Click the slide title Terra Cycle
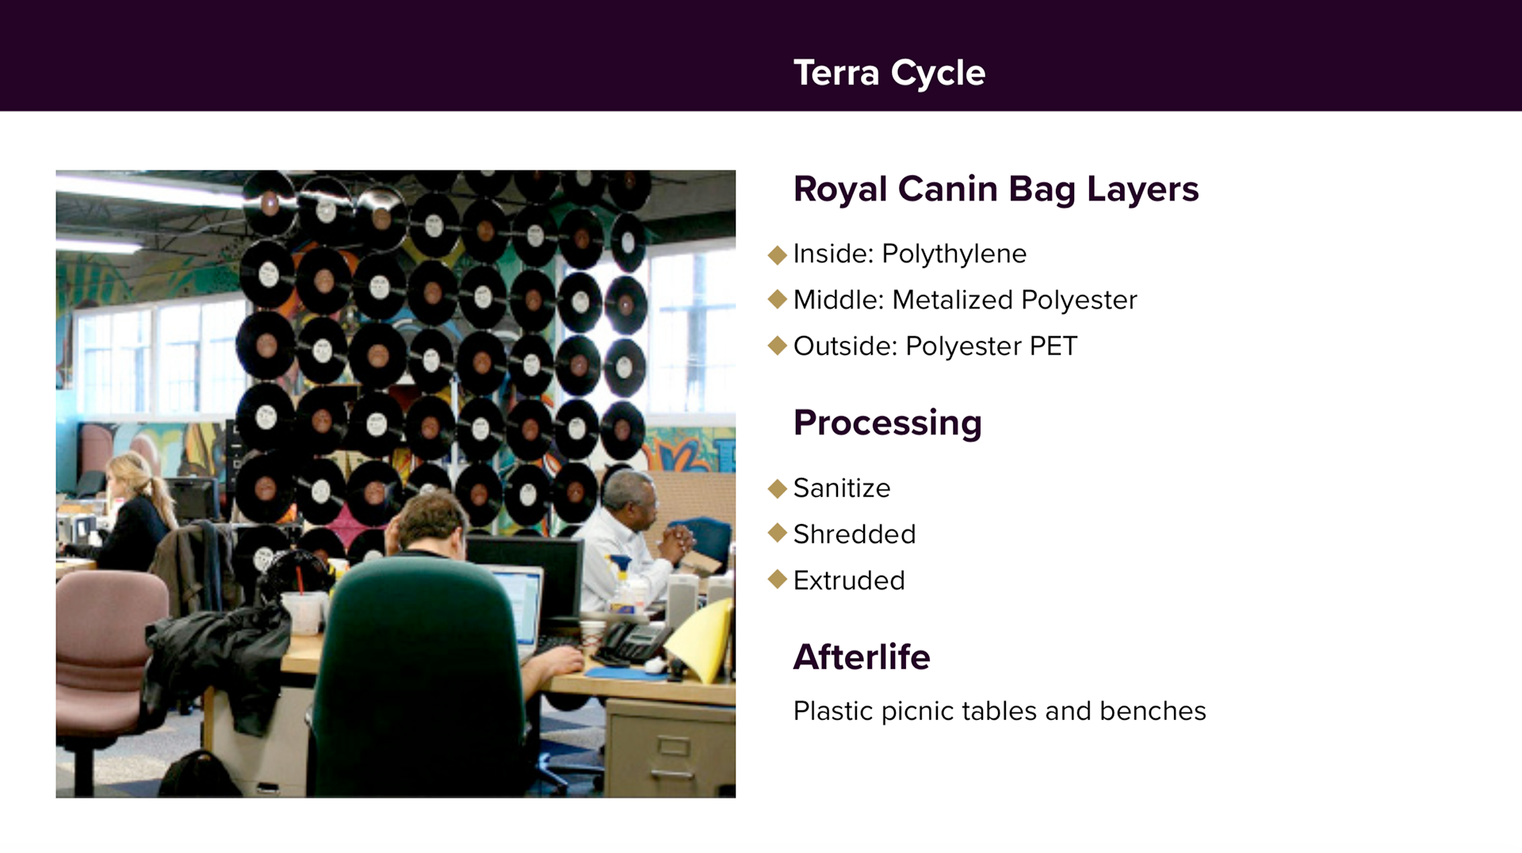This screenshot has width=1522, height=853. [x=889, y=73]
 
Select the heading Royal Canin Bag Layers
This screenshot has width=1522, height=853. [x=996, y=189]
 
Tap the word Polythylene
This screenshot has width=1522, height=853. [x=954, y=254]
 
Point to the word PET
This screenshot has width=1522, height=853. [x=1054, y=346]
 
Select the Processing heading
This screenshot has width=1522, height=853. [x=887, y=423]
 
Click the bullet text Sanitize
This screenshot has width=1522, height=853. [x=842, y=488]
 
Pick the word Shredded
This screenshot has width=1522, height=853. [x=855, y=534]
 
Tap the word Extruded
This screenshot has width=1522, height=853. [x=849, y=580]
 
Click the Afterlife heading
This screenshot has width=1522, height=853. [x=862, y=656]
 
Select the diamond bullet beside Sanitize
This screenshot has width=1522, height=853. [x=778, y=488]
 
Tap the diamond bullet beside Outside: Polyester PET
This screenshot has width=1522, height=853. [x=778, y=346]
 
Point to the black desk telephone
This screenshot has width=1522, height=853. [x=634, y=642]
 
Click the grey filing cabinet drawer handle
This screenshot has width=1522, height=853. [x=673, y=747]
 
